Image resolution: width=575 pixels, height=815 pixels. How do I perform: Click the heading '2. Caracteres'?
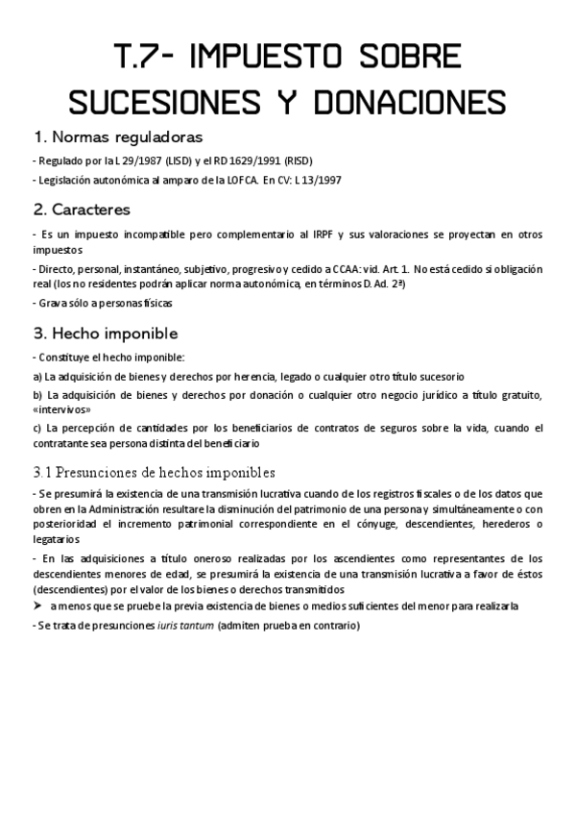82,209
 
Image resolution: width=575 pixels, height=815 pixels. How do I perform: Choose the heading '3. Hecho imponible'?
106,333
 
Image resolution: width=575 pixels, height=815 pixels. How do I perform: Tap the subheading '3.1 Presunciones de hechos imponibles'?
155,472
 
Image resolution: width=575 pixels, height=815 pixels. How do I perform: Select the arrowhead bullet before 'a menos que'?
38,606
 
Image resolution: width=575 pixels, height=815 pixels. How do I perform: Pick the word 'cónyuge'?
389,524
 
